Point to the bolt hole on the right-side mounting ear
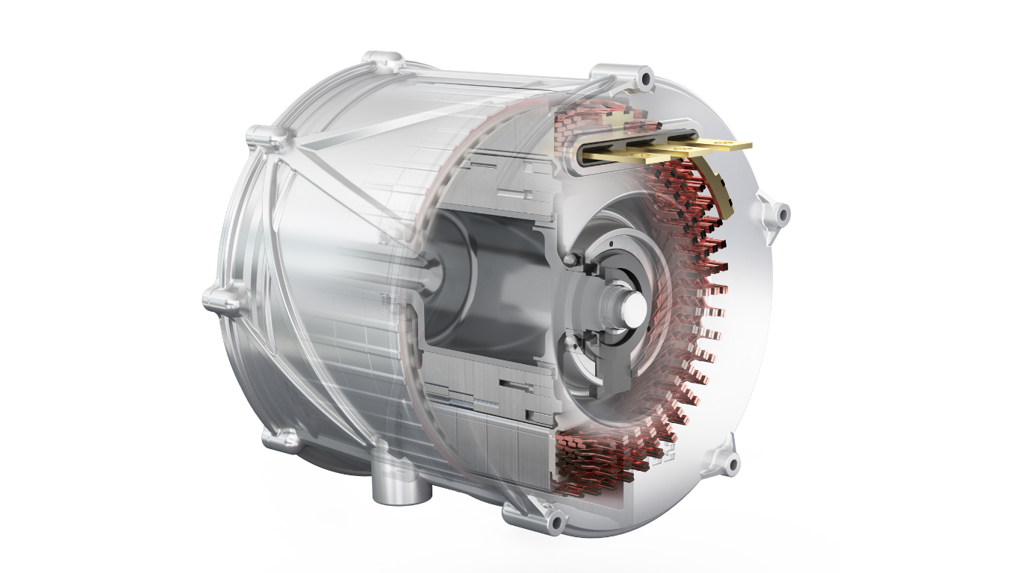pyautogui.click(x=782, y=214)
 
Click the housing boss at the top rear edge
pyautogui.click(x=381, y=60)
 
